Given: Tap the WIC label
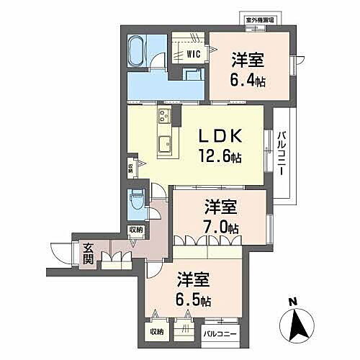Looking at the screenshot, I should [x=193, y=53].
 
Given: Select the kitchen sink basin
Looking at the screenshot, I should [x=164, y=140].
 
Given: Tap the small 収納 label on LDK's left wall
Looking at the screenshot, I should [x=130, y=168].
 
